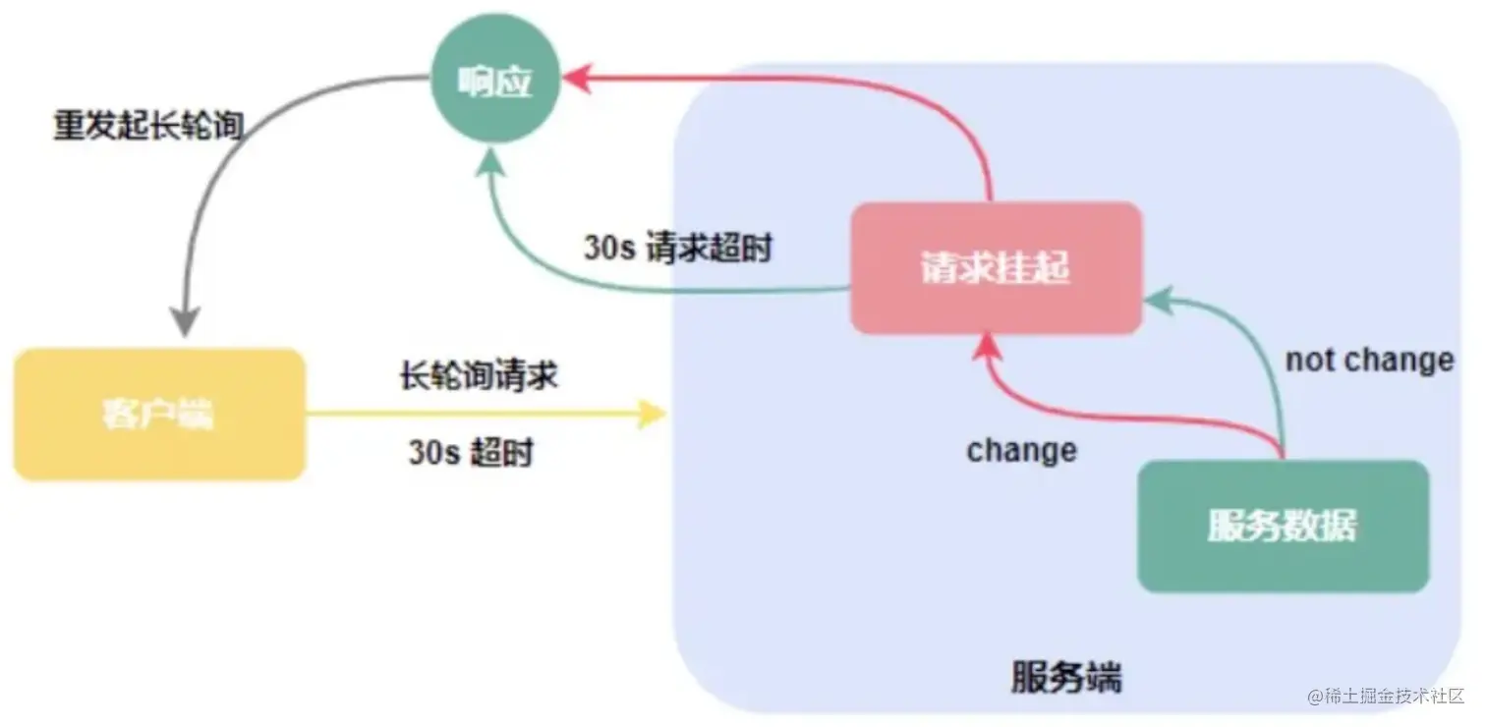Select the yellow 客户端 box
(159, 415)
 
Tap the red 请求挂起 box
(995, 268)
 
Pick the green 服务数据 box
(1282, 527)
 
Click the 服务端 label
(1065, 678)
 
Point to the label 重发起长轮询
(147, 127)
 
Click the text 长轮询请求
(479, 375)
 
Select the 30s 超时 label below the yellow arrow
(471, 453)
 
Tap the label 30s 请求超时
(678, 248)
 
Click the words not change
(1369, 361)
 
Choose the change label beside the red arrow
(1021, 451)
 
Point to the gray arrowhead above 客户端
(185, 322)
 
